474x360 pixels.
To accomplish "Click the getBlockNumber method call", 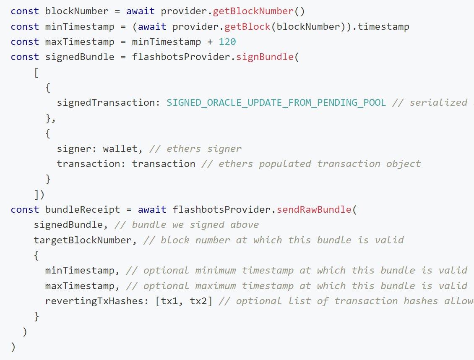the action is [x=247, y=11].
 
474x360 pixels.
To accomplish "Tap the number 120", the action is [x=227, y=42].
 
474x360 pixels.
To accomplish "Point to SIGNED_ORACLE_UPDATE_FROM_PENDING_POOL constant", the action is [x=276, y=103].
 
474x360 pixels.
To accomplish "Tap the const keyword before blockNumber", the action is [x=25, y=11].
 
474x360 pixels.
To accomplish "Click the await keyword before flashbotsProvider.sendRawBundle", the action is [x=152, y=209].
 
